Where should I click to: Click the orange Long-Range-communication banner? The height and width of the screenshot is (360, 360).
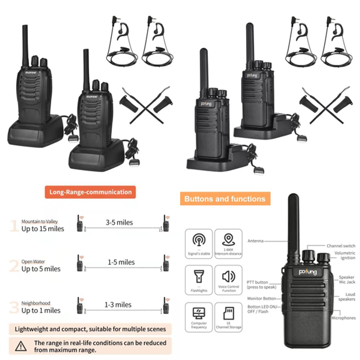[x=90, y=192]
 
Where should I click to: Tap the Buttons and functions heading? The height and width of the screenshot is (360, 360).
[x=225, y=199]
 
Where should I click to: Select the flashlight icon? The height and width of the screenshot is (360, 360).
[x=199, y=277]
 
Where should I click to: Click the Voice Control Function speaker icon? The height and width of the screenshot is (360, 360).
[x=228, y=277]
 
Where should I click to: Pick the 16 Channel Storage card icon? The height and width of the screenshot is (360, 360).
[x=228, y=314]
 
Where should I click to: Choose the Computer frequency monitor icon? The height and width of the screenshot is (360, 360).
[x=199, y=314]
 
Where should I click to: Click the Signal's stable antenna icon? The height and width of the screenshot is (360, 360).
[x=199, y=240]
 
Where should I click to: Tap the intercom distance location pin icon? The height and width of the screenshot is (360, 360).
[x=228, y=240]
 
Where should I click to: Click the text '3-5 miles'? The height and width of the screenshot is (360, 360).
[x=119, y=222]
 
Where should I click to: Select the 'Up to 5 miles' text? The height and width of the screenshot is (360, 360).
[x=41, y=269]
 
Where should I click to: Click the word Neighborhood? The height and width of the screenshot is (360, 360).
[x=36, y=303]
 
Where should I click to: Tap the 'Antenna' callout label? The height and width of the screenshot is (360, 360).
[x=255, y=241]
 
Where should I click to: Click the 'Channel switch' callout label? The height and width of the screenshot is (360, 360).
[x=341, y=246]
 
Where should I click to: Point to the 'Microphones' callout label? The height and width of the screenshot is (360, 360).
[x=343, y=318]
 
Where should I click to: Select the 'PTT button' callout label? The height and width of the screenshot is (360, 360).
[x=257, y=283]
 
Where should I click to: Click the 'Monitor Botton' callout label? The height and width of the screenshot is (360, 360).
[x=262, y=299]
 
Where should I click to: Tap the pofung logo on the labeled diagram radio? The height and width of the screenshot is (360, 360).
[x=307, y=272]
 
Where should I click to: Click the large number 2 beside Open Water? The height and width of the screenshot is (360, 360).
[x=14, y=266]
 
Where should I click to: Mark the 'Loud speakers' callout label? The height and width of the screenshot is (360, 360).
[x=347, y=297]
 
